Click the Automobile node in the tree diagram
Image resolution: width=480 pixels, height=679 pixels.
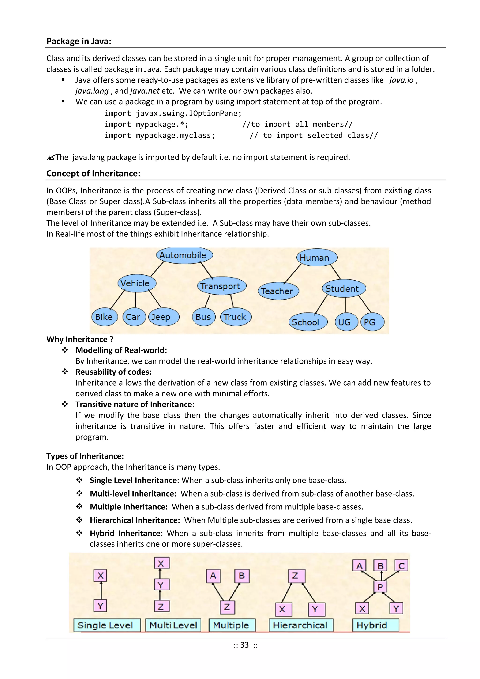pyautogui.click(x=184, y=255)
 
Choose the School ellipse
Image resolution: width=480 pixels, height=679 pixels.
pyautogui.click(x=307, y=322)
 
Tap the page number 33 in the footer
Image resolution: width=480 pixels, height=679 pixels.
pyautogui.click(x=244, y=645)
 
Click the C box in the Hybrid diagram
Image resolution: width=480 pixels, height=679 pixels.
pyautogui.click(x=401, y=565)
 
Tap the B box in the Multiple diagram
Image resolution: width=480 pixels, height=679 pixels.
pyautogui.click(x=242, y=576)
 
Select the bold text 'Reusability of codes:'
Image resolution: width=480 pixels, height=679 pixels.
pyautogui.click(x=113, y=372)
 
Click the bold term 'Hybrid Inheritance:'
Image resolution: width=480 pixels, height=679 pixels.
pyautogui.click(x=126, y=533)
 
